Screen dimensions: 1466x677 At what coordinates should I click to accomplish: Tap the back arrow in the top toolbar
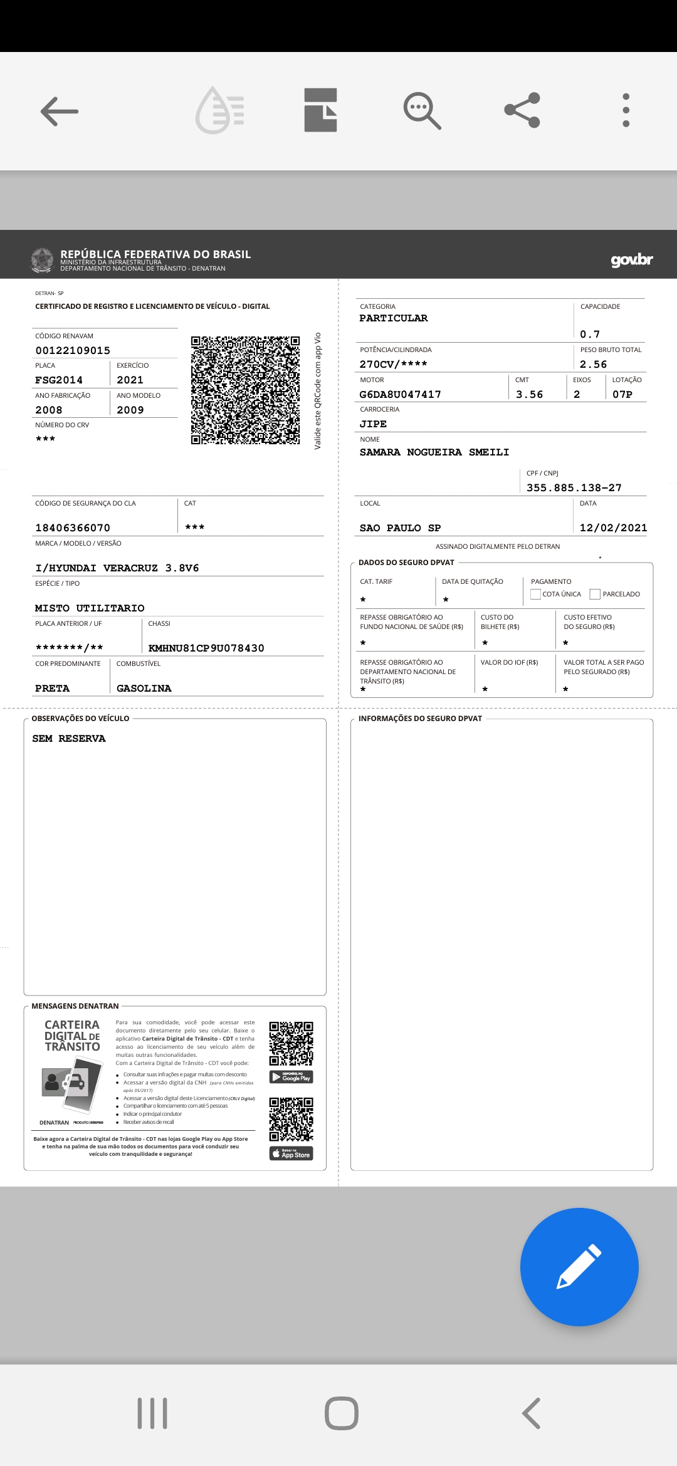[x=60, y=112]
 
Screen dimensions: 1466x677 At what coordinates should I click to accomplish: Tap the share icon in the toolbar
[x=522, y=110]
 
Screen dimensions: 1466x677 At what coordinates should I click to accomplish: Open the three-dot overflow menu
[x=626, y=110]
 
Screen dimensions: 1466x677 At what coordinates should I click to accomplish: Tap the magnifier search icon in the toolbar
[x=422, y=111]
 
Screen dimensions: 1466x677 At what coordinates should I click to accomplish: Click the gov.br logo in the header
[x=631, y=259]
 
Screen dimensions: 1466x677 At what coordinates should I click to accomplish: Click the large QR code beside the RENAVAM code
[x=245, y=390]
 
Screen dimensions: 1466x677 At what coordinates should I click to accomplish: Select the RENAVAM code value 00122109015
[x=73, y=351]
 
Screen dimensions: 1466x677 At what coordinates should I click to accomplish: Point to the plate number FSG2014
[x=59, y=380]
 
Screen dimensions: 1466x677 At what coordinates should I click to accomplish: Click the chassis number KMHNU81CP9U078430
[x=206, y=648]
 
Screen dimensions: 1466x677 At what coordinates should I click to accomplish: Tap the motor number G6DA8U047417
[x=400, y=395]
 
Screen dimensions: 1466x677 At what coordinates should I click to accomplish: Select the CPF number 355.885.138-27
[x=574, y=488]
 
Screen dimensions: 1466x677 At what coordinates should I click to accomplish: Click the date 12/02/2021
[x=613, y=528]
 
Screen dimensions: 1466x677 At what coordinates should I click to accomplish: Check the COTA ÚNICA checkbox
[x=536, y=594]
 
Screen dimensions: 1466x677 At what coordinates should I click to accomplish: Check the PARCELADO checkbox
[x=595, y=594]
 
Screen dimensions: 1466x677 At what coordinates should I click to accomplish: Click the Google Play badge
[x=291, y=1077]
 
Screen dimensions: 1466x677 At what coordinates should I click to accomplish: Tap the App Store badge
[x=291, y=1153]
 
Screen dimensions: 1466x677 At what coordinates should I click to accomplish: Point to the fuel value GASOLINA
[x=144, y=689]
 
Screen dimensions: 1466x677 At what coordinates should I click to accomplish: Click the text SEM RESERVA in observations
[x=69, y=739]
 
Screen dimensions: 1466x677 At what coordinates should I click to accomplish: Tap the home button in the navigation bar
[x=341, y=1413]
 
